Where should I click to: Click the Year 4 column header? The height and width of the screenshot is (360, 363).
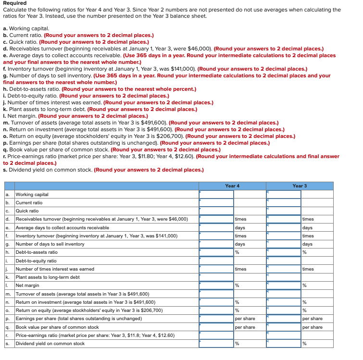(232, 186)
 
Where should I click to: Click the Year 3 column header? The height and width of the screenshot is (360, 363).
(300, 186)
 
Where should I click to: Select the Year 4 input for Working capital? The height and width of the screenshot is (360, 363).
(216, 195)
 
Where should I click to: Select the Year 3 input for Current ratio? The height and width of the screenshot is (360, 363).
(284, 203)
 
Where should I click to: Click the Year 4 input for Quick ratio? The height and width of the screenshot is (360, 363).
(216, 211)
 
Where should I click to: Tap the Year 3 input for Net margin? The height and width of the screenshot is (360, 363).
(284, 286)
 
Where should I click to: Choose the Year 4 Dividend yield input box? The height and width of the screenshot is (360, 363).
(216, 344)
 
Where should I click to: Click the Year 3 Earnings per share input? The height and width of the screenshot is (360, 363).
(284, 319)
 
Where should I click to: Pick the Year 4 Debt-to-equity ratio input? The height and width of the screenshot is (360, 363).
(216, 261)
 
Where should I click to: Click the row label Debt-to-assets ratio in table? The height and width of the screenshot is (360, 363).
(37, 252)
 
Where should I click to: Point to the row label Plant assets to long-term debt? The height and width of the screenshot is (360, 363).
(48, 277)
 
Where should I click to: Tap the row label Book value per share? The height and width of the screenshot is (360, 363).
(57, 327)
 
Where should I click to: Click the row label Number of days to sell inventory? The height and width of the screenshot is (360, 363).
(50, 244)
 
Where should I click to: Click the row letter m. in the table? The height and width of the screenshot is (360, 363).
(9, 294)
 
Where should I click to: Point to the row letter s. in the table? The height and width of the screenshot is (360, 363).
(8, 344)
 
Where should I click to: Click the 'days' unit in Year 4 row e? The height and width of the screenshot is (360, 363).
(240, 228)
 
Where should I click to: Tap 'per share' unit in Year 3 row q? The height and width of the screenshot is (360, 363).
(312, 327)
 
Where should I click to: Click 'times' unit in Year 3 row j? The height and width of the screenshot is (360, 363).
(308, 269)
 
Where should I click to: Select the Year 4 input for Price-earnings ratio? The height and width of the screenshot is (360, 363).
(216, 335)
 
